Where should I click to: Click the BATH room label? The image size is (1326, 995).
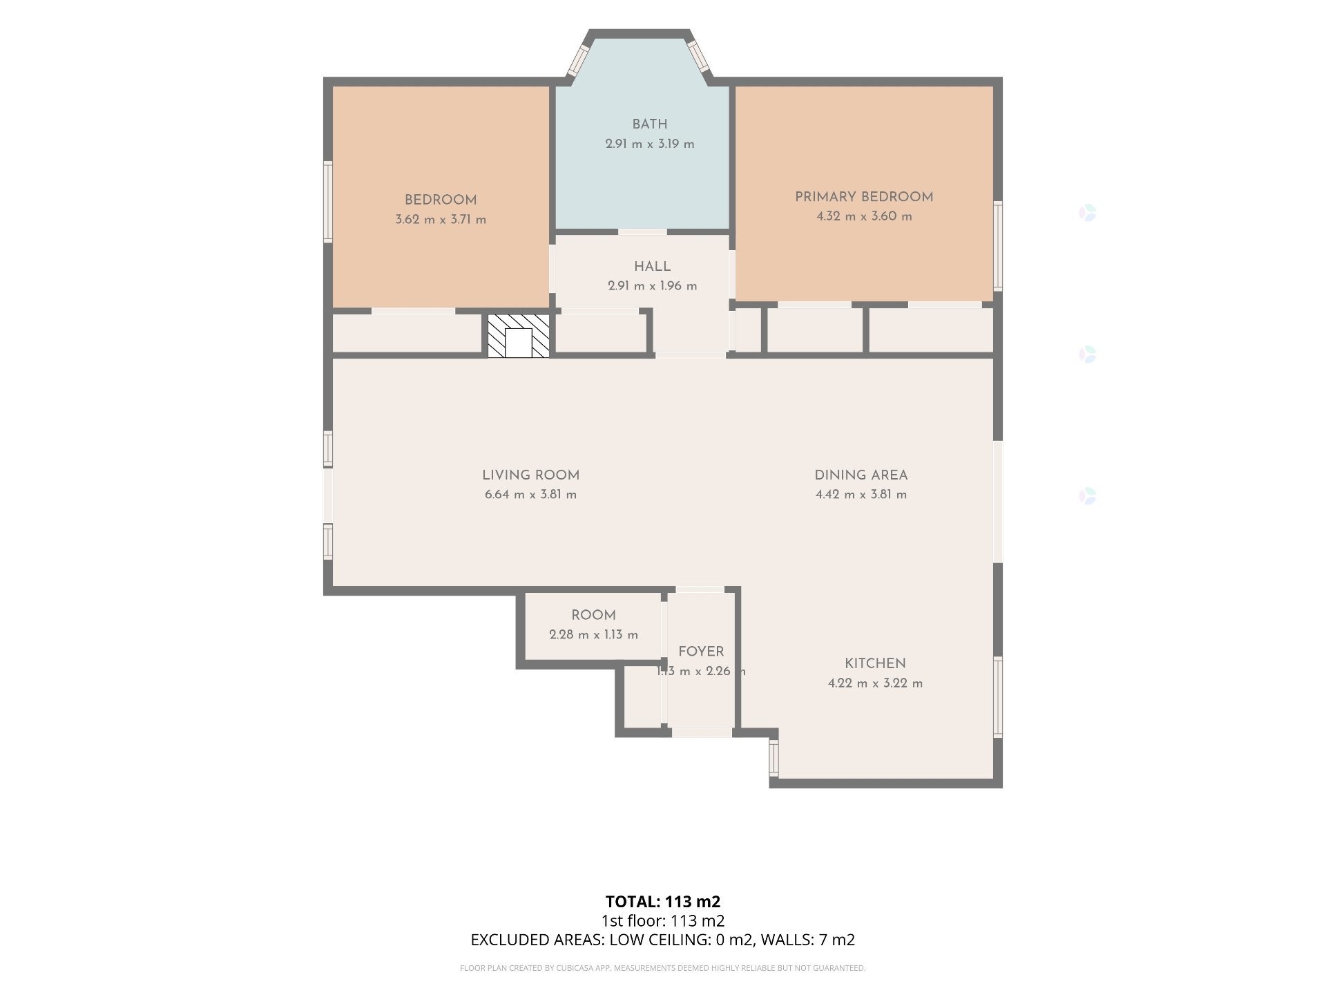pyautogui.click(x=649, y=124)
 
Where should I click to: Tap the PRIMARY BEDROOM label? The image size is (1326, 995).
pyautogui.click(x=864, y=197)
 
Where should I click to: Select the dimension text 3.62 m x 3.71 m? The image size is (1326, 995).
pyautogui.click(x=441, y=220)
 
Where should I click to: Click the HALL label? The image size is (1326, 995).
pyautogui.click(x=652, y=267)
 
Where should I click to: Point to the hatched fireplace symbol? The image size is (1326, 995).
pyautogui.click(x=519, y=337)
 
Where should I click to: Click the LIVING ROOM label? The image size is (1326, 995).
pyautogui.click(x=530, y=475)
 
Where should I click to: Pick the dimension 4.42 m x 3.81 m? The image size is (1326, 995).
pyautogui.click(x=861, y=495)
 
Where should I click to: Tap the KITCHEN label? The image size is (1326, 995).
pyautogui.click(x=875, y=663)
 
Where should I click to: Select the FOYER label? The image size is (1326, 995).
pyautogui.click(x=701, y=652)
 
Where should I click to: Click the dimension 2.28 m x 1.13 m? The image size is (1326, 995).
pyautogui.click(x=594, y=634)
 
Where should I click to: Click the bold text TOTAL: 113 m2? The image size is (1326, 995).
pyautogui.click(x=663, y=902)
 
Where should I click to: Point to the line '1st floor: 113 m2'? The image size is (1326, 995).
pyautogui.click(x=663, y=920)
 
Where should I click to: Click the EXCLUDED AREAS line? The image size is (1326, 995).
pyautogui.click(x=663, y=940)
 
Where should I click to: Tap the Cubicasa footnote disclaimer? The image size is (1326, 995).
pyautogui.click(x=663, y=968)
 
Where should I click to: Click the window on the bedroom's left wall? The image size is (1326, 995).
pyautogui.click(x=328, y=202)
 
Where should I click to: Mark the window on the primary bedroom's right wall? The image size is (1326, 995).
pyautogui.click(x=998, y=245)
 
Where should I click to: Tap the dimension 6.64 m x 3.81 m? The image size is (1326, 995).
pyautogui.click(x=530, y=495)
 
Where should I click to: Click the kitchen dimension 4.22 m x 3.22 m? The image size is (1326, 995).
pyautogui.click(x=875, y=683)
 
